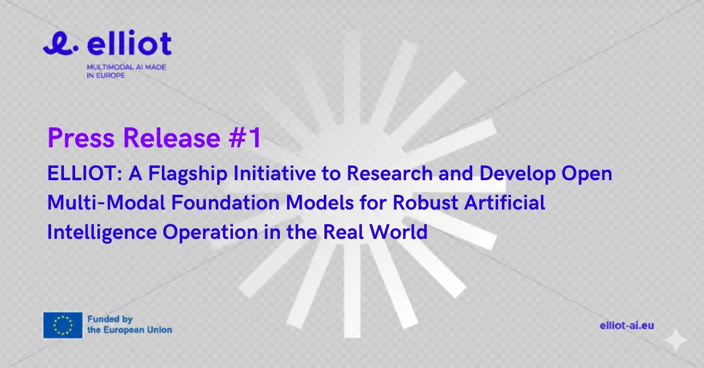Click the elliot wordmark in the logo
[129, 42]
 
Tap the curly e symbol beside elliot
[60, 43]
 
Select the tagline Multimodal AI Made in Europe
[126, 72]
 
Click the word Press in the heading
[81, 138]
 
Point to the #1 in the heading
[245, 137]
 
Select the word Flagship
[188, 174]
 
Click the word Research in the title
[390, 173]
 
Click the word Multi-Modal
[106, 202]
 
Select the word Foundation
[225, 202]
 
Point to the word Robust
[425, 202]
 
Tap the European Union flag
[63, 325]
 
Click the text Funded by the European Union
[130, 325]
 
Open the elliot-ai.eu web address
[627, 326]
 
